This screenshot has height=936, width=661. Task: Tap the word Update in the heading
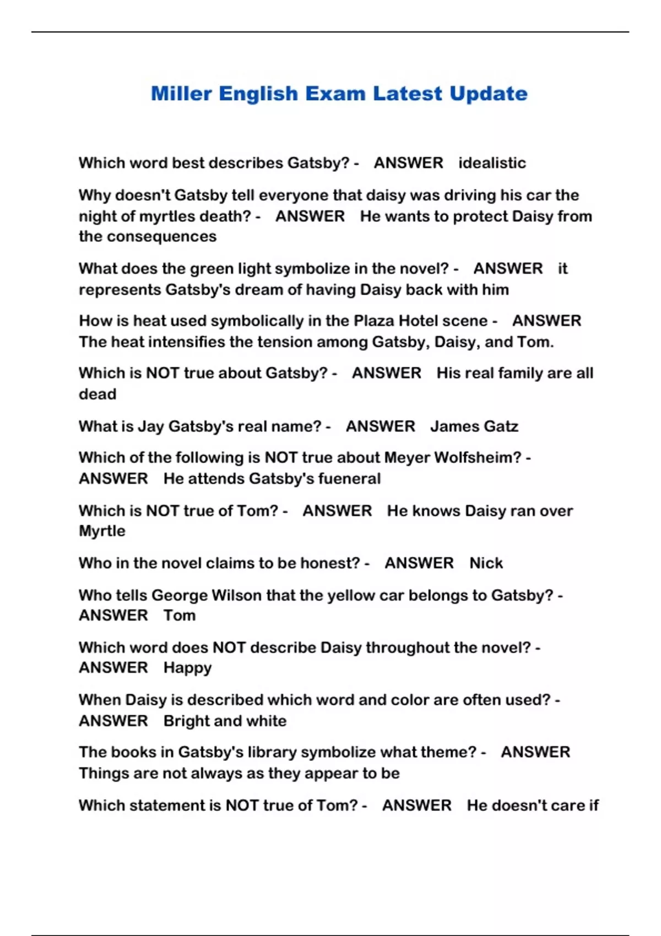click(488, 94)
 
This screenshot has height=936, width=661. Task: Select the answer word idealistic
click(492, 163)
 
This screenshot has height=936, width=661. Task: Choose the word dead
click(97, 394)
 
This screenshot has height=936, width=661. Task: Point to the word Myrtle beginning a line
click(102, 531)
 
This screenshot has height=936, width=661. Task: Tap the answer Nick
click(486, 563)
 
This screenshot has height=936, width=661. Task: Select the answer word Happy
click(187, 668)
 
